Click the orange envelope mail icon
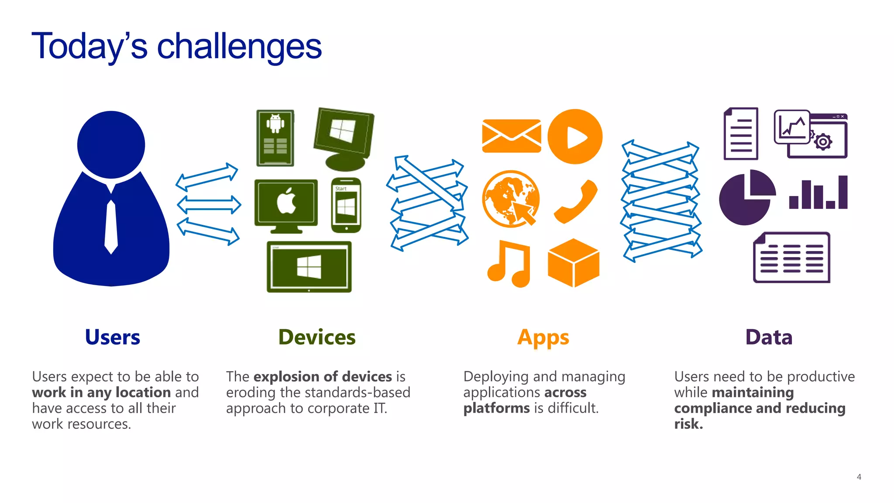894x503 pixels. tap(511, 136)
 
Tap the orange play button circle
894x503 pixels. tap(575, 137)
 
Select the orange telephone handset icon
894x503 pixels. tap(576, 201)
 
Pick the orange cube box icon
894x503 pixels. tap(574, 263)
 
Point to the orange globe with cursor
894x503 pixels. tap(511, 199)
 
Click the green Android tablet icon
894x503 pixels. tap(275, 138)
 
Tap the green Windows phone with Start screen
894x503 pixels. tap(346, 205)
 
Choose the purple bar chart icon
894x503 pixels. tap(818, 193)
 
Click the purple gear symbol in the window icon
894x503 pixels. tap(823, 142)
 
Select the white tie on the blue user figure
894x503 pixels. tap(111, 227)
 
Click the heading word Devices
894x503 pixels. tap(317, 338)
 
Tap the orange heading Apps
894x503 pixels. tap(543, 338)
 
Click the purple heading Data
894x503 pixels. tap(769, 338)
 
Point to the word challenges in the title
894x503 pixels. tap(239, 47)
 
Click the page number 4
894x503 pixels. tap(859, 477)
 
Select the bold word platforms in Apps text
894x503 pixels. tap(496, 408)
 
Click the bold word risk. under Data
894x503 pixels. tap(688, 424)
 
